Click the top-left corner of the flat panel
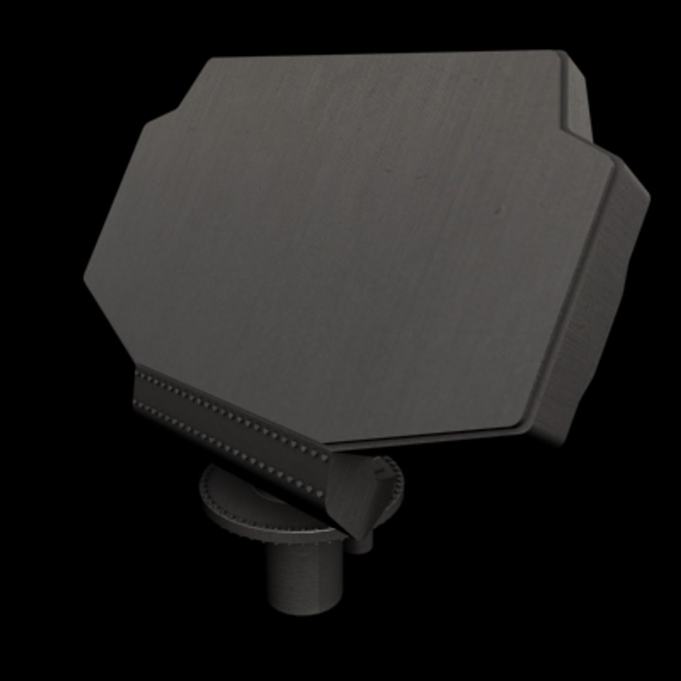click(x=211, y=59)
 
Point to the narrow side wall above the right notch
click(x=577, y=95)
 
